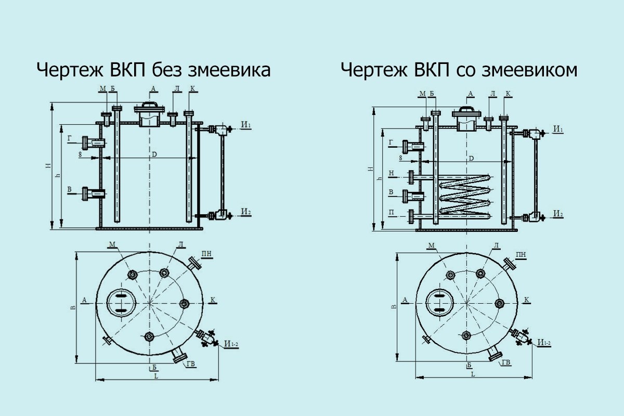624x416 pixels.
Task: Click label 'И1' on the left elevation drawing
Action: tap(246, 125)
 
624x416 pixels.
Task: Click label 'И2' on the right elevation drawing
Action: tap(558, 213)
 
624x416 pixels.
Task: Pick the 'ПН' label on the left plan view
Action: tap(206, 253)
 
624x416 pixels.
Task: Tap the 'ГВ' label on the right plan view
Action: tap(505, 362)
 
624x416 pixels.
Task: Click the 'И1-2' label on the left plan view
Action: tap(231, 344)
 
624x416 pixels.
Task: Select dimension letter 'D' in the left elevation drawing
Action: tap(154, 154)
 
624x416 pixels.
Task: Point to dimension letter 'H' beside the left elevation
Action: tap(47, 166)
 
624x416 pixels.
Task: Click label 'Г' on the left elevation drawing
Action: tap(69, 138)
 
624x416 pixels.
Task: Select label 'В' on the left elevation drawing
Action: tap(69, 191)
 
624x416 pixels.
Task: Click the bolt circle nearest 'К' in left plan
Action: tap(184, 303)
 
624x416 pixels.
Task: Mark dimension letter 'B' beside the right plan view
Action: tap(394, 307)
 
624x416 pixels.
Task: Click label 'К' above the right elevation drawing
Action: tap(508, 94)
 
